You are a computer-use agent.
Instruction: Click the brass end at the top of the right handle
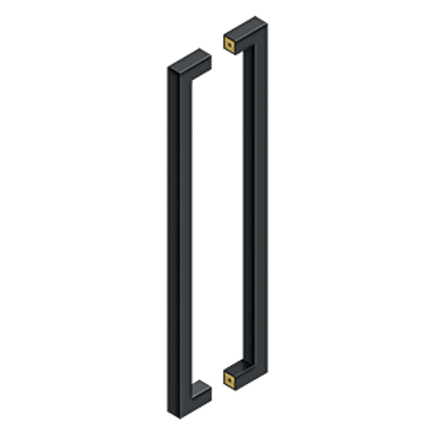(230, 45)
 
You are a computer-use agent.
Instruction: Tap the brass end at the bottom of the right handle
(230, 379)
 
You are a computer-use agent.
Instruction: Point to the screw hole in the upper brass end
(230, 45)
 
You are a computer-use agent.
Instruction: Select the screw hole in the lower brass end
(230, 379)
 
